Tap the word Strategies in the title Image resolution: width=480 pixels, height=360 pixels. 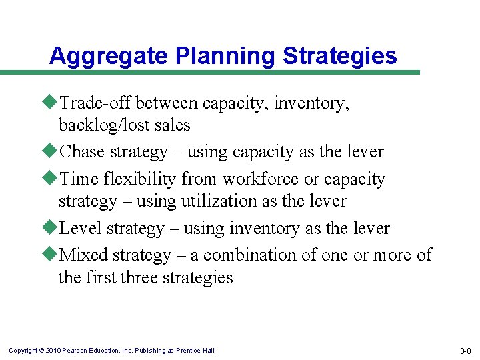pos(340,56)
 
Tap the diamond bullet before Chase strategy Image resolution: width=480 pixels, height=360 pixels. pos(53,152)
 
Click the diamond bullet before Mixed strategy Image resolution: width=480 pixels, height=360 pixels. pos(53,255)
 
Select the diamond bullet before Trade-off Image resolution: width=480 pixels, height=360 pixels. pos(53,103)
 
